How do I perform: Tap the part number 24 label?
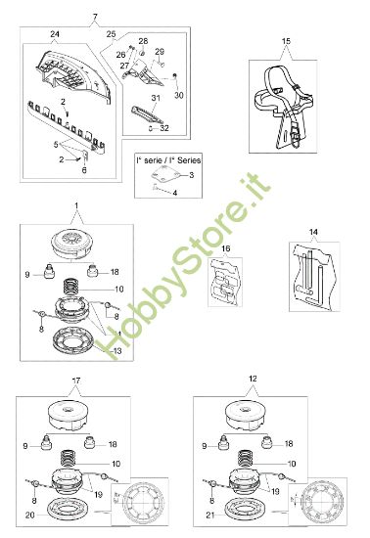point(55,35)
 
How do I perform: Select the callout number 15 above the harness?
point(286,41)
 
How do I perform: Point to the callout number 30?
point(179,95)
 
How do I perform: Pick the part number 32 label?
point(165,127)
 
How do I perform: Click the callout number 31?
point(155,98)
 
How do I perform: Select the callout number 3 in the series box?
point(191,174)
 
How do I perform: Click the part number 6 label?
point(84,169)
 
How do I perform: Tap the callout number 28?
point(143,41)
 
